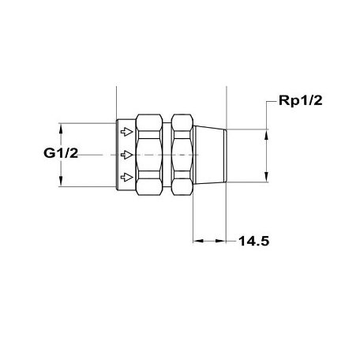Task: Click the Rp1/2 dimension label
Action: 300,101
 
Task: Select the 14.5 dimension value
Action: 254,242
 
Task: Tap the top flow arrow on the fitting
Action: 124,132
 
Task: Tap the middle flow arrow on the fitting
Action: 124,154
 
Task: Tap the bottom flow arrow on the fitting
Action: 124,177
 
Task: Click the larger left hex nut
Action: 150,154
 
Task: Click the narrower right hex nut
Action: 180,154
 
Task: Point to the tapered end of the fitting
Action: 209,154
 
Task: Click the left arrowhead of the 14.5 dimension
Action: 198,242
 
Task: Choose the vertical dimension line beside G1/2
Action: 60,155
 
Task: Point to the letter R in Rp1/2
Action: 284,101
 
